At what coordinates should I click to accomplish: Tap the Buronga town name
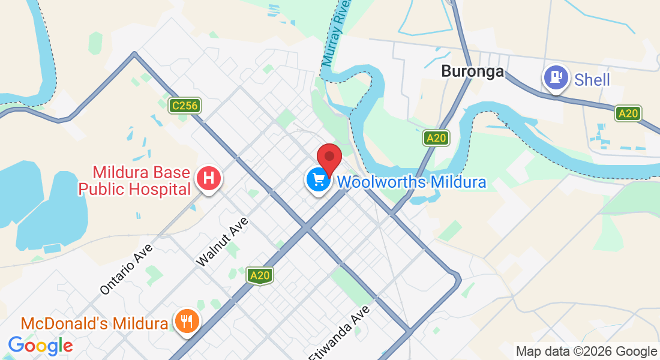coord(472,71)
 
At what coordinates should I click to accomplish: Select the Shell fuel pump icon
coord(556,78)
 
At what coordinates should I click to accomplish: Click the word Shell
coord(592,80)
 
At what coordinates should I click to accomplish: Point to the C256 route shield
coord(184,106)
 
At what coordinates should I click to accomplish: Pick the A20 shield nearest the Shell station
coord(628,113)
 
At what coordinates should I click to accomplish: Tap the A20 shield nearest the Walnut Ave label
coord(260,275)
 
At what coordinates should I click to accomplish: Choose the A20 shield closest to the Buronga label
coord(436,138)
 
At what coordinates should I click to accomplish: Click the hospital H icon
coord(209,178)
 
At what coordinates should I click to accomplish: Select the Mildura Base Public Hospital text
coord(134,181)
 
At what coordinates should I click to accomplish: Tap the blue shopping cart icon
coord(318,179)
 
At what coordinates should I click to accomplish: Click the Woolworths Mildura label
coord(412,182)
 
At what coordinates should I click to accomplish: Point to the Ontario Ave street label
coord(127,268)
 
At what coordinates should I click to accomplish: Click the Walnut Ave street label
coord(223,242)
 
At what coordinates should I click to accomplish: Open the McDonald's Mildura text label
coord(94,324)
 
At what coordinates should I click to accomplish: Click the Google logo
coord(40,346)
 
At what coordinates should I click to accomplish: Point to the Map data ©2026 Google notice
coord(586,352)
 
